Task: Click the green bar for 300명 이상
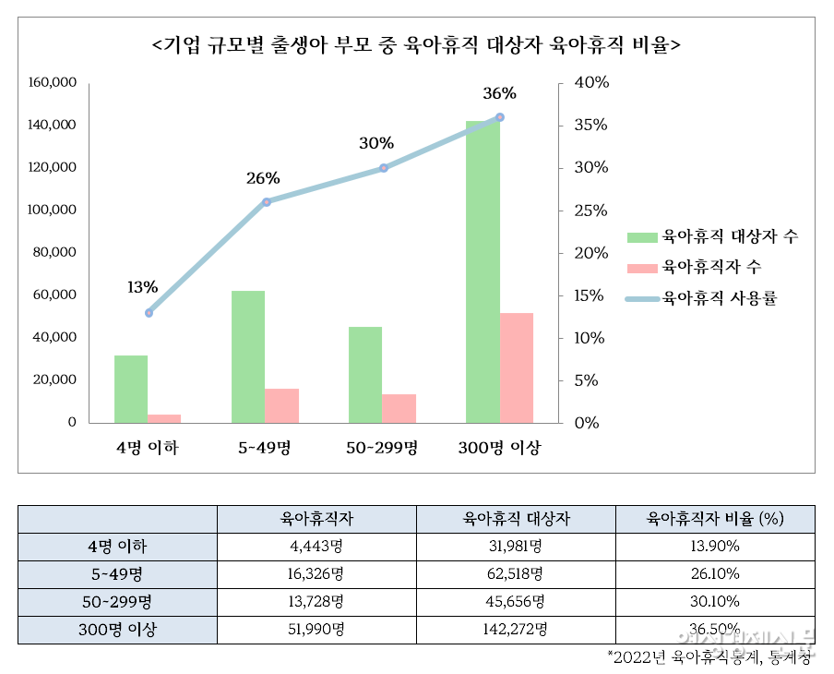tap(483, 271)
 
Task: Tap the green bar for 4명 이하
tap(131, 389)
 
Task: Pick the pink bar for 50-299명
tap(399, 408)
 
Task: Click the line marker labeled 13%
tap(149, 312)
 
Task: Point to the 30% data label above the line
tap(376, 143)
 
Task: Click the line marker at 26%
tap(266, 201)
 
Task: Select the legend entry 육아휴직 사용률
tap(701, 299)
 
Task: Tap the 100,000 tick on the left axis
tap(52, 210)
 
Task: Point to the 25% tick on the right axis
tap(590, 210)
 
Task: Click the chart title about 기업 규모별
tap(416, 44)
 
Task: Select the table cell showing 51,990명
tap(316, 631)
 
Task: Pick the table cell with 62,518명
tap(515, 574)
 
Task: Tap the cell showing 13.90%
tap(715, 547)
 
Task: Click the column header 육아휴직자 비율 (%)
tap(715, 519)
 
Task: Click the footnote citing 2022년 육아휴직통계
tap(710, 656)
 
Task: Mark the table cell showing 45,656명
tap(515, 602)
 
